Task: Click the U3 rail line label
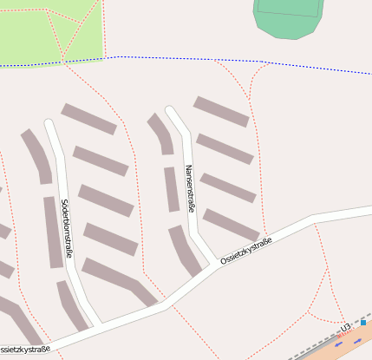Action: pos(345,327)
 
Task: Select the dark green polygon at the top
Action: pos(290,17)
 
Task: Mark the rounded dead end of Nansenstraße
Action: pos(170,112)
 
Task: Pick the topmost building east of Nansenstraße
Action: pos(220,111)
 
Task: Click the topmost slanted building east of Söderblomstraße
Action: pos(88,119)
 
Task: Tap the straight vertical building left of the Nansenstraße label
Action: pos(171,189)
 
